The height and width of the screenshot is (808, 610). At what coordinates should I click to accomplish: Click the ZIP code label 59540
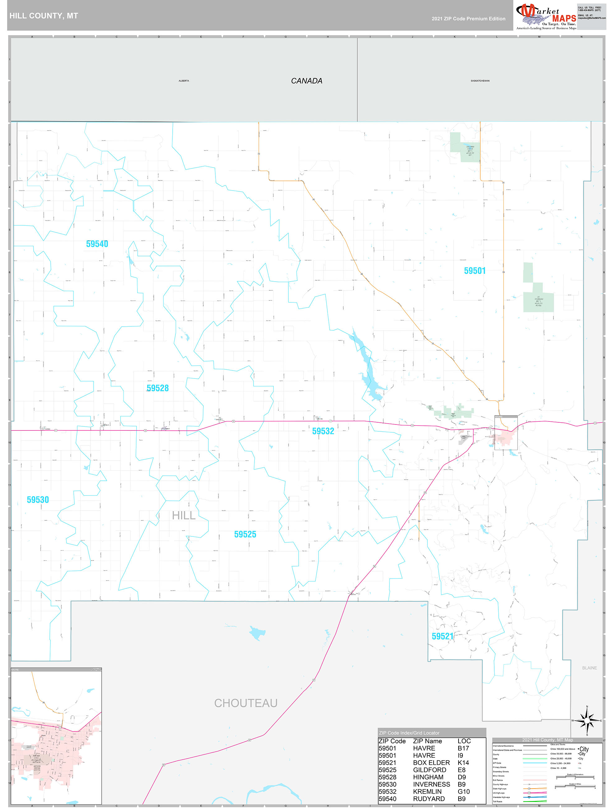(x=97, y=244)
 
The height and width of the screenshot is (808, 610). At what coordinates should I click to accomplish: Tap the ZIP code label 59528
(x=158, y=388)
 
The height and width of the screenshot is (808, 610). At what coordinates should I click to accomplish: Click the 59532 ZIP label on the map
(x=323, y=431)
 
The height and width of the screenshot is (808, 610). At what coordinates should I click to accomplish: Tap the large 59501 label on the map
(x=475, y=271)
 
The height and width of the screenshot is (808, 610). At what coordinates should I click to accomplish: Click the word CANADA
(x=306, y=81)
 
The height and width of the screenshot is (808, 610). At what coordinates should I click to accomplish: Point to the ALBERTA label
(x=184, y=81)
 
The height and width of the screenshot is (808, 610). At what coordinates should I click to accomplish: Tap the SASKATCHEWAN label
(x=480, y=81)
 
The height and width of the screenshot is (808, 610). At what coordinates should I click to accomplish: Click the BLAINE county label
(x=589, y=668)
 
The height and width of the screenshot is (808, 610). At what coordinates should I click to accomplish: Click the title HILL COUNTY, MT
(x=44, y=16)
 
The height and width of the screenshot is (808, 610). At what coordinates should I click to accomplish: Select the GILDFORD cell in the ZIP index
(x=429, y=770)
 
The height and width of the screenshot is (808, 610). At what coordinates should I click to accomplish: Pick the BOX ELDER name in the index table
(x=431, y=762)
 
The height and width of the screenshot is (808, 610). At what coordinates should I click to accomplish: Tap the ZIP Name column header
(x=427, y=741)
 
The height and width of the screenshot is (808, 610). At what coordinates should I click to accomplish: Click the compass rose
(x=587, y=721)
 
